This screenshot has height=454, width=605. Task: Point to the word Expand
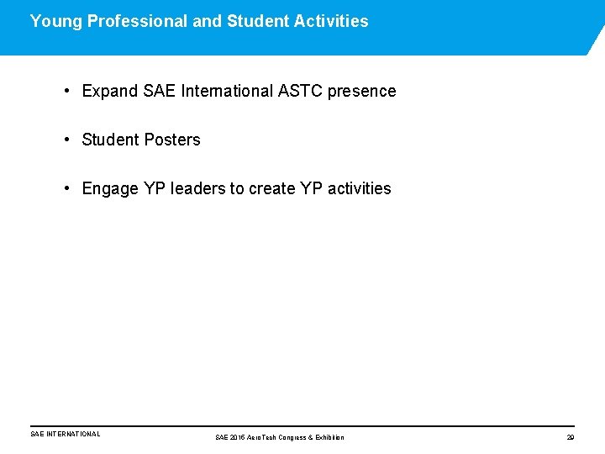tap(110, 91)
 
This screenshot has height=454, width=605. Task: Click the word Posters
tap(171, 140)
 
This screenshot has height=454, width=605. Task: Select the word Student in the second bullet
tap(110, 140)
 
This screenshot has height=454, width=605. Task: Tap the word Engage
tap(110, 189)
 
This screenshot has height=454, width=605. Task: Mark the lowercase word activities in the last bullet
tap(359, 188)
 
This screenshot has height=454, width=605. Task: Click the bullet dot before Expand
tap(66, 91)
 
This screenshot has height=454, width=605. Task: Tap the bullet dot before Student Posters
tap(66, 140)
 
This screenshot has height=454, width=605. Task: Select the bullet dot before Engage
tap(66, 188)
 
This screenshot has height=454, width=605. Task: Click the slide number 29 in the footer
tap(571, 437)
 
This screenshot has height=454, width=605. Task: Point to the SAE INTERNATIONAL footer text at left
tap(65, 434)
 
